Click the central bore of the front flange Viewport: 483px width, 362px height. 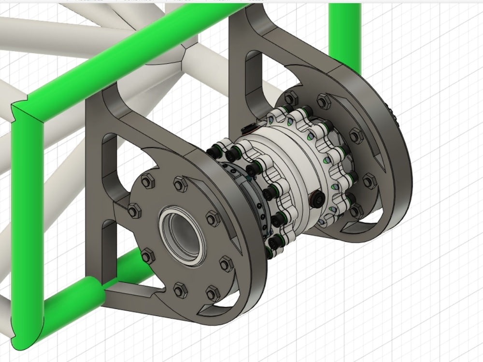pos(182,235)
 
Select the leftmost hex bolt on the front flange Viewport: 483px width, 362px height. pos(134,210)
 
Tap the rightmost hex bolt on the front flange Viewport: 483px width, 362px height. pos(226,264)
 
